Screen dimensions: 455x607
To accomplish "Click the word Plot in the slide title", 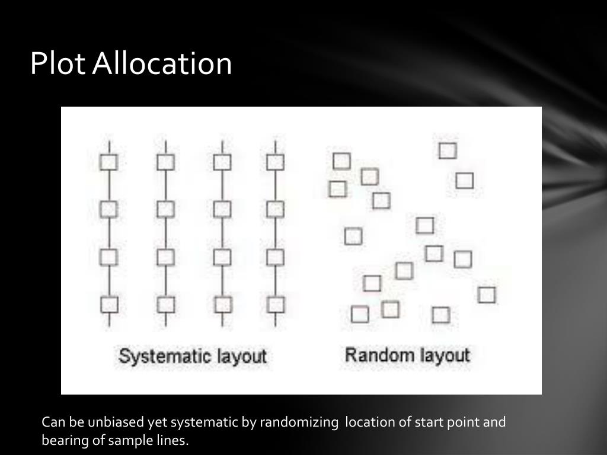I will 58,63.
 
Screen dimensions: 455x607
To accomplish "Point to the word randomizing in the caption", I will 299,422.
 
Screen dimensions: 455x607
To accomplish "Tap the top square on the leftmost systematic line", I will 108,162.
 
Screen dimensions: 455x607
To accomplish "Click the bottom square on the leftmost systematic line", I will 110,305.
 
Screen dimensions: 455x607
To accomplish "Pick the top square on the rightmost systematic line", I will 275,162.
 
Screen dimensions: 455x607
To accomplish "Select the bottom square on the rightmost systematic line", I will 276,305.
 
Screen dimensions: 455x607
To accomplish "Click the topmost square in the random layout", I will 448,150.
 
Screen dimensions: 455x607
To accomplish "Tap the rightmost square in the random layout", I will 487,294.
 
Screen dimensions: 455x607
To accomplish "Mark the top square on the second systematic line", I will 165,162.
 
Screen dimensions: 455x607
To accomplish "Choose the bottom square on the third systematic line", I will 223,305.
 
